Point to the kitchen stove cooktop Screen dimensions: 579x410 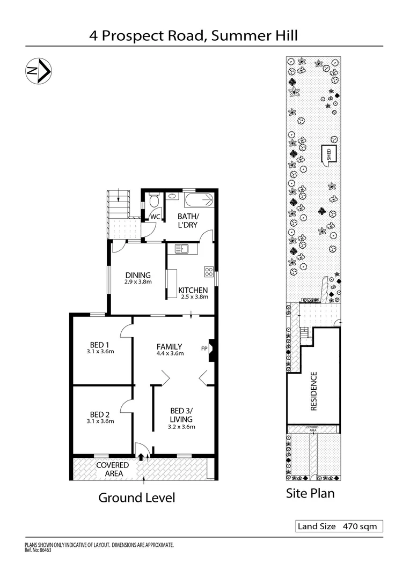209,271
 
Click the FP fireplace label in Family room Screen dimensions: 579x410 204,348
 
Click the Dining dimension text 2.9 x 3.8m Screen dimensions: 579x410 139,282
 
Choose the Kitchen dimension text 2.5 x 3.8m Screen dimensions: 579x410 193,296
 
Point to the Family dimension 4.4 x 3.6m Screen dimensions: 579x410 170,353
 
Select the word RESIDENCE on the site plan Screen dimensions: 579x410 314,391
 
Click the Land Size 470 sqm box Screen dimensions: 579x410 339,526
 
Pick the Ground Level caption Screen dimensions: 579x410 136,498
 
